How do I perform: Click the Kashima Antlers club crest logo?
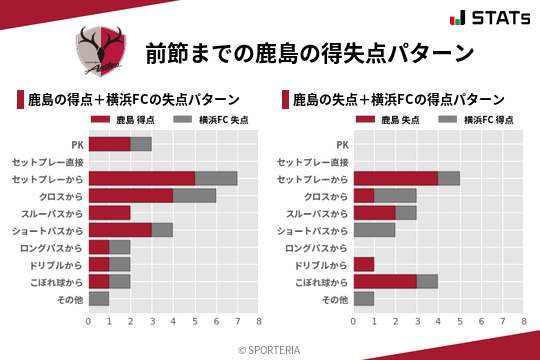coord(102,50)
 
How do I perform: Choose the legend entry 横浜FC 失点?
coord(211,120)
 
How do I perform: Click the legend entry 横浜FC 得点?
coord(477,120)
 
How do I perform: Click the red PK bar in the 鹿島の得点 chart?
coord(109,144)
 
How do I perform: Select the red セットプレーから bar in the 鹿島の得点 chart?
coord(141,178)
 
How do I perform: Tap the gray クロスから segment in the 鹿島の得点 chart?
coord(194,196)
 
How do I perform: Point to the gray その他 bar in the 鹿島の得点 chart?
coord(99,298)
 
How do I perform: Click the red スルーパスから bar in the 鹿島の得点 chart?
coord(109,213)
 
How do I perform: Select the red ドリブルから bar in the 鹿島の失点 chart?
coord(364,264)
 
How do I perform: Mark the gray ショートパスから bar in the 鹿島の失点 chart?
coord(375,230)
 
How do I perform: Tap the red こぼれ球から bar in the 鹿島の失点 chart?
coord(385,281)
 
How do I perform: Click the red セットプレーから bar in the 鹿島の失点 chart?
coord(396,178)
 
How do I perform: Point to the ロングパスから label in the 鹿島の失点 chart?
coord(317,247)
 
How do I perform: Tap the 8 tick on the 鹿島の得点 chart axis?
coord(258,322)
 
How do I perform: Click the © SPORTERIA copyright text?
coord(270,349)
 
